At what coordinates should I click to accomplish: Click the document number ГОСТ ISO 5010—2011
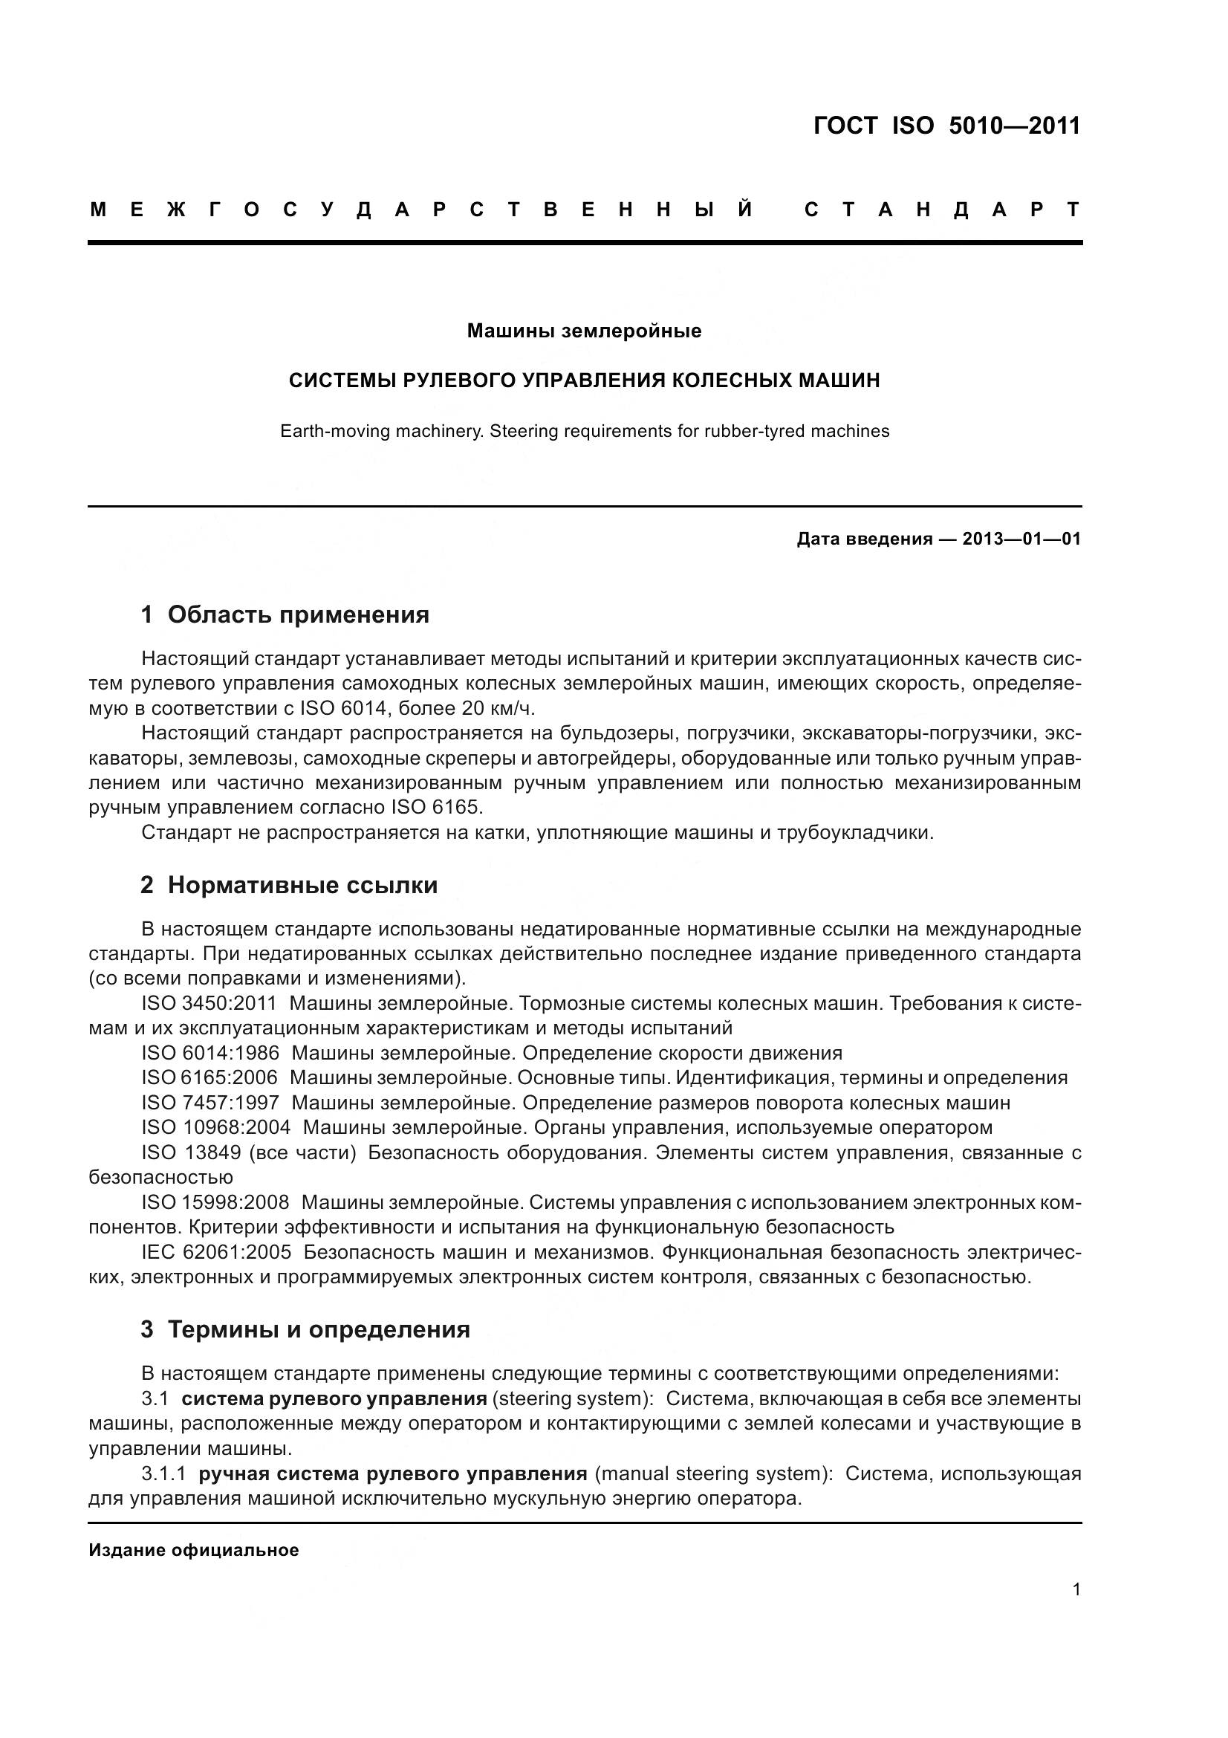click(x=946, y=126)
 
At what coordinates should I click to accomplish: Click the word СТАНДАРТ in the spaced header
click(x=942, y=210)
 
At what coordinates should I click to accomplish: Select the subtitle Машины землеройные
click(x=583, y=331)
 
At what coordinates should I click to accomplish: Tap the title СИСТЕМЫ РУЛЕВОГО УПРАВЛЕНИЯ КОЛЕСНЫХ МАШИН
click(x=583, y=380)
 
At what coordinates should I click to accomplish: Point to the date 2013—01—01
click(x=1021, y=539)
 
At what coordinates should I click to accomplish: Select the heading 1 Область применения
click(x=285, y=615)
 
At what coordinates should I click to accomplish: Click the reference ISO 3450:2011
click(x=209, y=1004)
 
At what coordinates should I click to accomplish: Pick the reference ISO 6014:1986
click(x=209, y=1053)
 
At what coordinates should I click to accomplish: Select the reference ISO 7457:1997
click(x=209, y=1103)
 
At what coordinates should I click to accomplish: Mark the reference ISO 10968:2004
click(x=215, y=1128)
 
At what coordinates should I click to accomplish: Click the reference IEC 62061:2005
click(x=215, y=1252)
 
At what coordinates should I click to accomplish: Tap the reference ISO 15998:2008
click(x=215, y=1202)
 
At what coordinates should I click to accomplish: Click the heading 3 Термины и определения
click(x=305, y=1329)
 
